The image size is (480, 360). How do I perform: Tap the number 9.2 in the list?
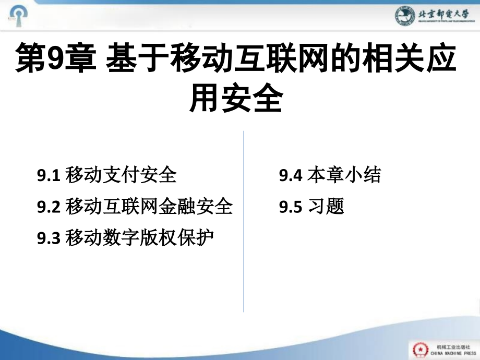point(50,207)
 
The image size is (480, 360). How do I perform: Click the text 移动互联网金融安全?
point(149,207)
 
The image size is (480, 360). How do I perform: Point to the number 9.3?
point(50,238)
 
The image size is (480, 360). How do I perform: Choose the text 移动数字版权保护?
point(140,238)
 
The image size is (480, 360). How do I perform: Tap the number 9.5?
point(291,207)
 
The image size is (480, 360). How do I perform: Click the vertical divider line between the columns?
point(244,219)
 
